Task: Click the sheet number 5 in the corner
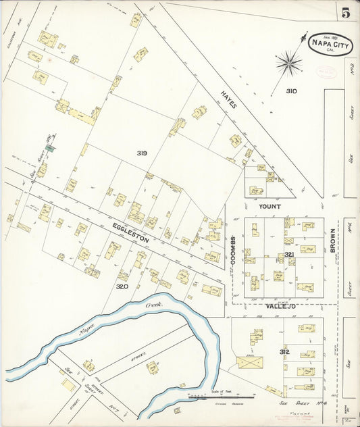click(x=345, y=13)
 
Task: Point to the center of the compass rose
click(x=288, y=64)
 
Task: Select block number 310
click(x=291, y=91)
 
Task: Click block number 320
click(x=122, y=286)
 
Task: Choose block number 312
click(x=284, y=352)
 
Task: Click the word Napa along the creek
click(x=86, y=330)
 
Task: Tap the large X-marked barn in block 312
click(x=251, y=363)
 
